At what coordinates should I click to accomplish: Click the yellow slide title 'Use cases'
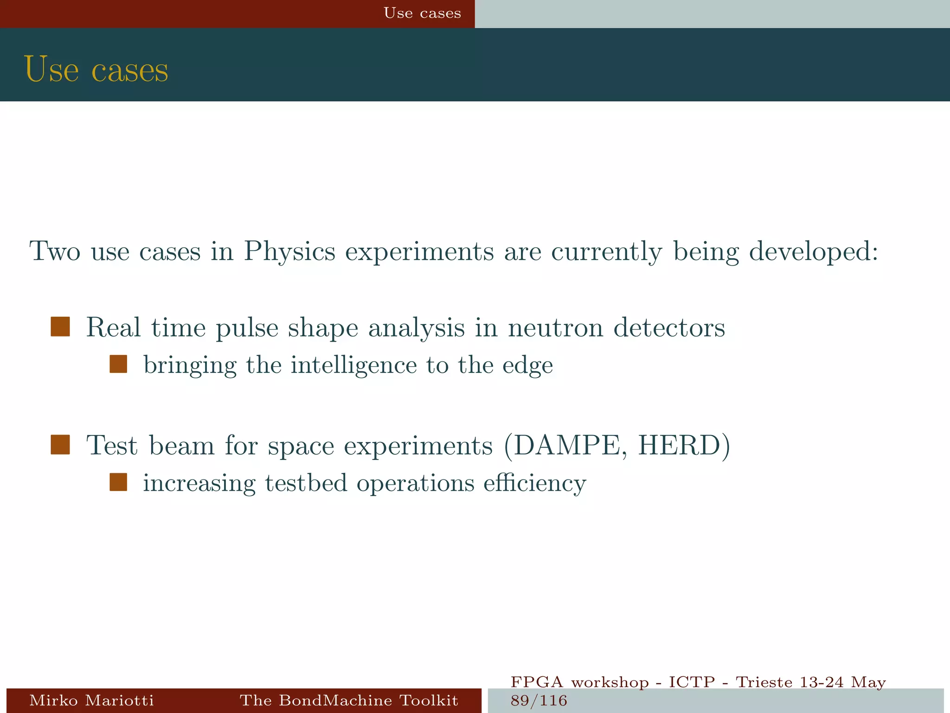(x=96, y=70)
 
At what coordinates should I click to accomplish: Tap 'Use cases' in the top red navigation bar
(x=422, y=13)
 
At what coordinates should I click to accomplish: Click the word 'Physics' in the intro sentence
(x=289, y=252)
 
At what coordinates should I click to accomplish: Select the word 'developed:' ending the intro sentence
(x=814, y=252)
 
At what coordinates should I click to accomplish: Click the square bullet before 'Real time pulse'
(x=60, y=326)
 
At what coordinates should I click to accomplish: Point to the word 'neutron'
(x=555, y=328)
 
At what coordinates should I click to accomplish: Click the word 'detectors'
(x=669, y=328)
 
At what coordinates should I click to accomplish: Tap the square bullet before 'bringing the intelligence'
(x=118, y=364)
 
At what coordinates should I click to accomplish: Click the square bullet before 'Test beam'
(x=60, y=444)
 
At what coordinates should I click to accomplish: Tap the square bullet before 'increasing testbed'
(x=118, y=482)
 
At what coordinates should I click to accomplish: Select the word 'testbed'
(x=306, y=483)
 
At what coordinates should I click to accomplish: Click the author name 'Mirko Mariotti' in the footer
(x=91, y=700)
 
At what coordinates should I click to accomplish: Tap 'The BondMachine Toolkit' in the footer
(x=349, y=700)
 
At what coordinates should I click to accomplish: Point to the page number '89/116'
(x=539, y=700)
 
